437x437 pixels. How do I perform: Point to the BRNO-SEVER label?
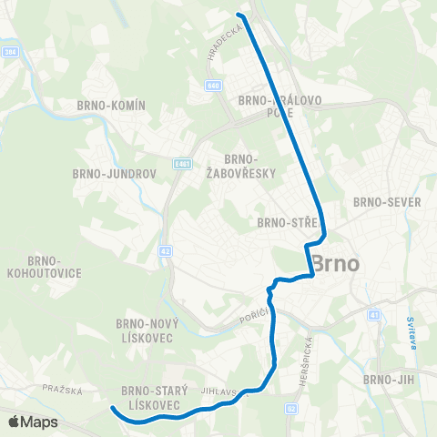[x=387, y=202]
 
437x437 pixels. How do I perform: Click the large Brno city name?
[x=335, y=263]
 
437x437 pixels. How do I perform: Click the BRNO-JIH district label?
[x=389, y=379]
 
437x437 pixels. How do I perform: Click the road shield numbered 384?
[x=10, y=52]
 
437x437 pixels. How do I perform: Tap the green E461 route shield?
[x=183, y=165]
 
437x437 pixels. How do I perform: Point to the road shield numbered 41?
[x=373, y=314]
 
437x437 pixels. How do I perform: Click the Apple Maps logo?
[x=33, y=422]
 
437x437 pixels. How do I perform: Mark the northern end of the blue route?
[x=239, y=15]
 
